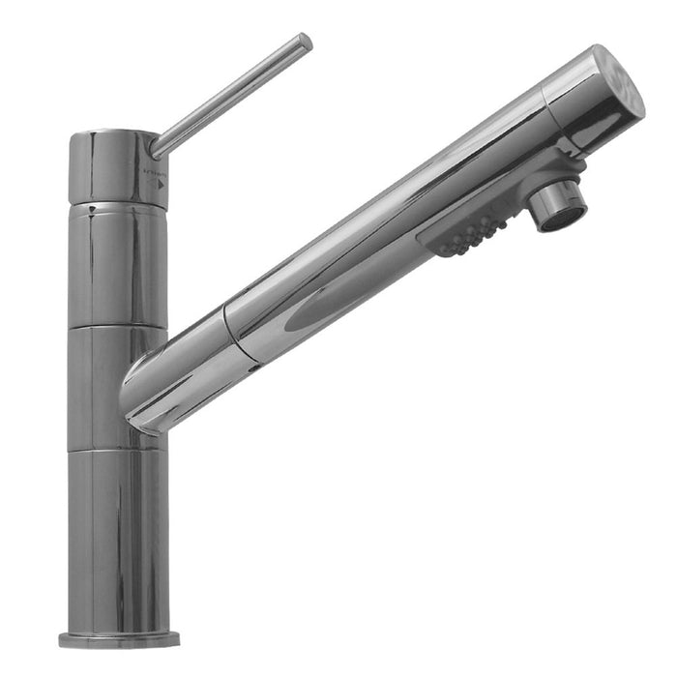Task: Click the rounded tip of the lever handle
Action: (x=304, y=43)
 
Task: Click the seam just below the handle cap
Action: (x=117, y=207)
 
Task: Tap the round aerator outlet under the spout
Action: (x=560, y=206)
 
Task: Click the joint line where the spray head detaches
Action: (x=242, y=335)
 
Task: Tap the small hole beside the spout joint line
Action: (x=253, y=368)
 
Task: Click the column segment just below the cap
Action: (x=117, y=266)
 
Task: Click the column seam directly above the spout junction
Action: (x=116, y=328)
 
